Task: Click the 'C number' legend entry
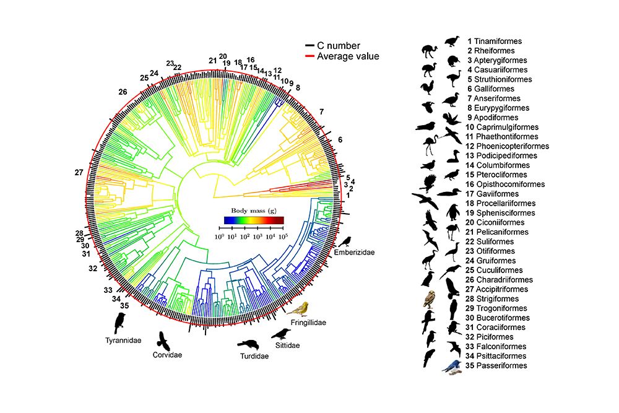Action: point(338,45)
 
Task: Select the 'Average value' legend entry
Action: point(347,56)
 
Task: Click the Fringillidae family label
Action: point(308,323)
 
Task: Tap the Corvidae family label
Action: point(167,355)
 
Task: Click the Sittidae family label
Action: point(286,345)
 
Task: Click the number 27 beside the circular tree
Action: point(78,172)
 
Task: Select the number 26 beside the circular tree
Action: point(123,92)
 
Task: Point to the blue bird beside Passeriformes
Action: point(452,366)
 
